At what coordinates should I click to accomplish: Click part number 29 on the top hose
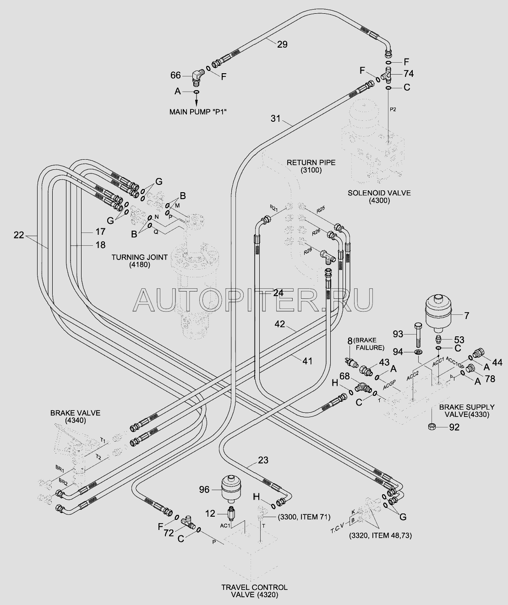click(282, 44)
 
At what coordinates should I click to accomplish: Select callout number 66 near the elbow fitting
click(176, 76)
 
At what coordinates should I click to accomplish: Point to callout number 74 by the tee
click(409, 73)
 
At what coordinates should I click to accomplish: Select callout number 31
click(275, 119)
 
